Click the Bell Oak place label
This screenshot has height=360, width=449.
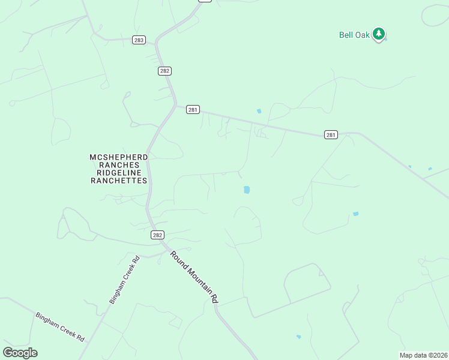354,35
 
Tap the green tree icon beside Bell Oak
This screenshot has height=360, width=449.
378,34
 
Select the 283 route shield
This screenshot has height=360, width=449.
139,40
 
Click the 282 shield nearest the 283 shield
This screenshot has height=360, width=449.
165,71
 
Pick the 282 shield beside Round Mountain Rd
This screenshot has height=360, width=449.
157,235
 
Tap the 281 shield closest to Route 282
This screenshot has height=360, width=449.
193,109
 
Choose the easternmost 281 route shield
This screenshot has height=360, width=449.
331,135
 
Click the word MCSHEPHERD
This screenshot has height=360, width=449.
118,157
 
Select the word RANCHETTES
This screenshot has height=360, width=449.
118,181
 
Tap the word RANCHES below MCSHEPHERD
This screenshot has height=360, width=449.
118,165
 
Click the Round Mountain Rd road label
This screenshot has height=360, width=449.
194,276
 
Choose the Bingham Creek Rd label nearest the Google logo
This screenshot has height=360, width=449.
59,326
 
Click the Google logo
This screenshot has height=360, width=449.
20,353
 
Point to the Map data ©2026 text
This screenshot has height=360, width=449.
424,355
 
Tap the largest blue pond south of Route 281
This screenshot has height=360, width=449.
246,190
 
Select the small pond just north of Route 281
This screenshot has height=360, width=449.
259,111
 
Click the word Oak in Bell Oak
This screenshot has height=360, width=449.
363,35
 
